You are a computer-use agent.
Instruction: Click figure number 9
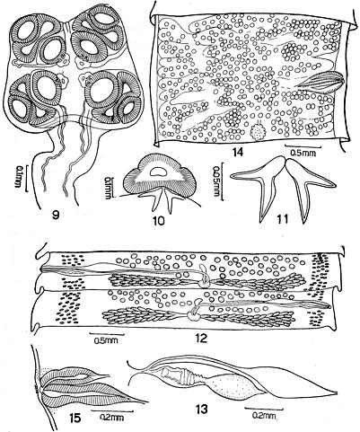click(x=55, y=215)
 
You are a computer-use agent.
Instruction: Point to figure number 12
click(x=201, y=339)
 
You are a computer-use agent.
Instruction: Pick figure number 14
click(x=239, y=153)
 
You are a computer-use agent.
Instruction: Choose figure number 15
click(x=75, y=418)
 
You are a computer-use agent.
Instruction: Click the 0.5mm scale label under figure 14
click(x=302, y=153)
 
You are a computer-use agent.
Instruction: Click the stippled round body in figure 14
click(x=256, y=132)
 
